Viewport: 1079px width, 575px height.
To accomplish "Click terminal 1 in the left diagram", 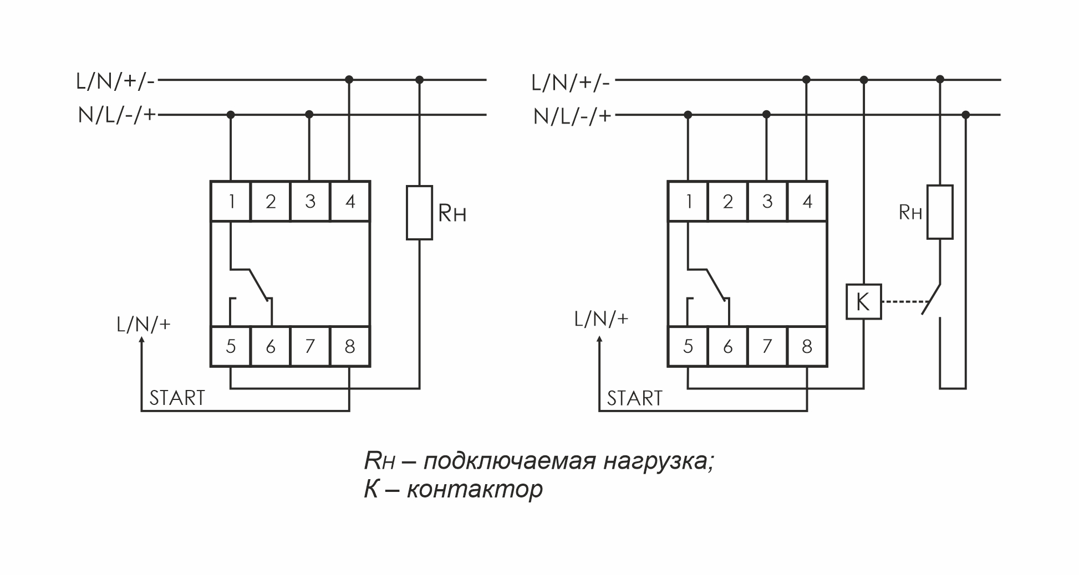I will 231,201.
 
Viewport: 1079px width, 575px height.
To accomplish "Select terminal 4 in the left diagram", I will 350,201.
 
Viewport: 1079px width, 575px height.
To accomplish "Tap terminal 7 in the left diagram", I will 310,347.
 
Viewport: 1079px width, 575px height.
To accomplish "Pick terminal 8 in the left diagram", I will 350,347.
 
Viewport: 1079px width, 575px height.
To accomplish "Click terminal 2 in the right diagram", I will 727,201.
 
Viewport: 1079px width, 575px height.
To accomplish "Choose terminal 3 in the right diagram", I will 767,201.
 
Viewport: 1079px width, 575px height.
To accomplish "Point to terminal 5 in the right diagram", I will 688,347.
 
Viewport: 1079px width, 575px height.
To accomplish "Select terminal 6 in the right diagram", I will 727,347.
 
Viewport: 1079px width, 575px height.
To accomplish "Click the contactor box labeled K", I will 863,302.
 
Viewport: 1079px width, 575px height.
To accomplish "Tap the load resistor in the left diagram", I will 419,213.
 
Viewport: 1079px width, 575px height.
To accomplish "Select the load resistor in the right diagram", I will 940,212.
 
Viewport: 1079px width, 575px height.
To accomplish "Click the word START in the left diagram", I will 177,398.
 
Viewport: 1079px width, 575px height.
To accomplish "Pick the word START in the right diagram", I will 635,398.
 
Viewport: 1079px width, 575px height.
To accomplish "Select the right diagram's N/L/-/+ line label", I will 572,116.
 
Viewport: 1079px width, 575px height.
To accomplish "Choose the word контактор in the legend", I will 475,489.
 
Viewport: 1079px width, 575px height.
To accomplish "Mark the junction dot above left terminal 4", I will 349,80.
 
